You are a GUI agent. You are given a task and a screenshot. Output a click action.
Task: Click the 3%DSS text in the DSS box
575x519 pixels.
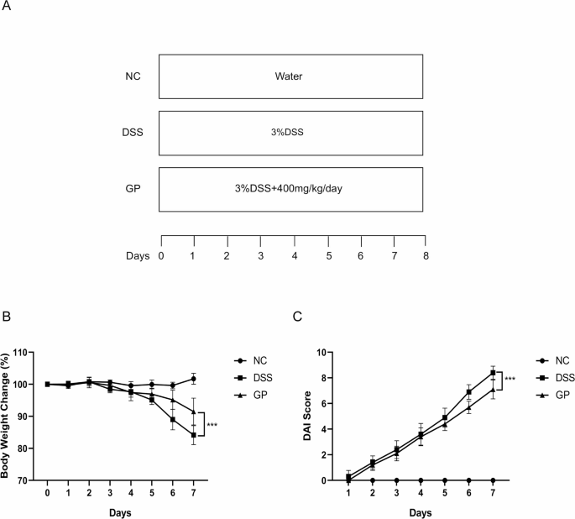tap(288, 133)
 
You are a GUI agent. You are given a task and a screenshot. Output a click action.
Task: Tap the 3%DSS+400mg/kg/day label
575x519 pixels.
tap(288, 188)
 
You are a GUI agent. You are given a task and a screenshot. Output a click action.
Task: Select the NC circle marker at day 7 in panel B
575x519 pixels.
tap(194, 379)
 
